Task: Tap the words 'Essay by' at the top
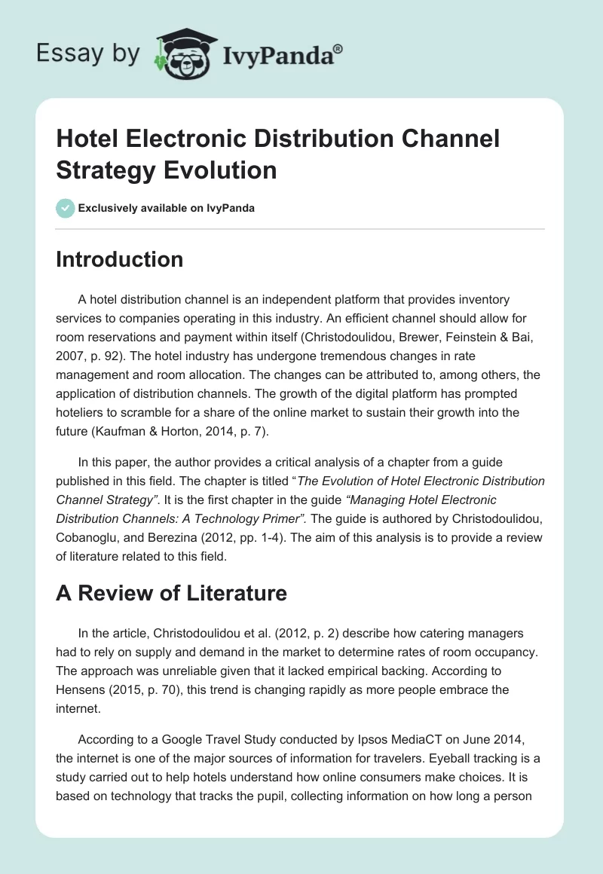pos(87,53)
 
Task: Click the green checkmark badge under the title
pos(66,208)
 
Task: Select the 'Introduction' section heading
pos(120,259)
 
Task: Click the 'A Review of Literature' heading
pos(171,593)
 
